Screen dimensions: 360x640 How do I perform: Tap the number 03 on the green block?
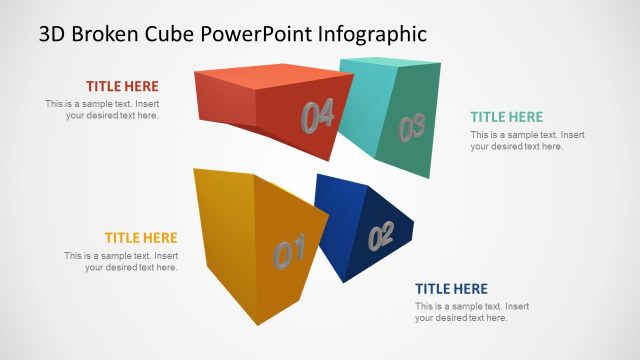pyautogui.click(x=412, y=127)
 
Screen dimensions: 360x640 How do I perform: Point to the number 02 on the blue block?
pyautogui.click(x=381, y=237)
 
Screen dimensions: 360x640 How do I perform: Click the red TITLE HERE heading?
pyautogui.click(x=122, y=86)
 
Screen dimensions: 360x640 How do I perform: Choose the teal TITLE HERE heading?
pyautogui.click(x=507, y=117)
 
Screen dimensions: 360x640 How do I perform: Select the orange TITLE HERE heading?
pyautogui.click(x=141, y=238)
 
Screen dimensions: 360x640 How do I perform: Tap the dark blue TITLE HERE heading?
pyautogui.click(x=452, y=289)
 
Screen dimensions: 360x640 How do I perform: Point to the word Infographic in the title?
pyautogui.click(x=372, y=34)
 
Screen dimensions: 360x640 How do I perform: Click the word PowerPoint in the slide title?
pyautogui.click(x=255, y=34)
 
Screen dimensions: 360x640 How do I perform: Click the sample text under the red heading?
pyautogui.click(x=102, y=110)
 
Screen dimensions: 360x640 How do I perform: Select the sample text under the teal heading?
pyautogui.click(x=527, y=141)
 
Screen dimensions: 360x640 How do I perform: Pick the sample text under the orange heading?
pyautogui.click(x=121, y=262)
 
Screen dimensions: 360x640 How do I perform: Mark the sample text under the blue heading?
pyautogui.click(x=472, y=312)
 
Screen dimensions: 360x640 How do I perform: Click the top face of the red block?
pyautogui.click(x=265, y=80)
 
